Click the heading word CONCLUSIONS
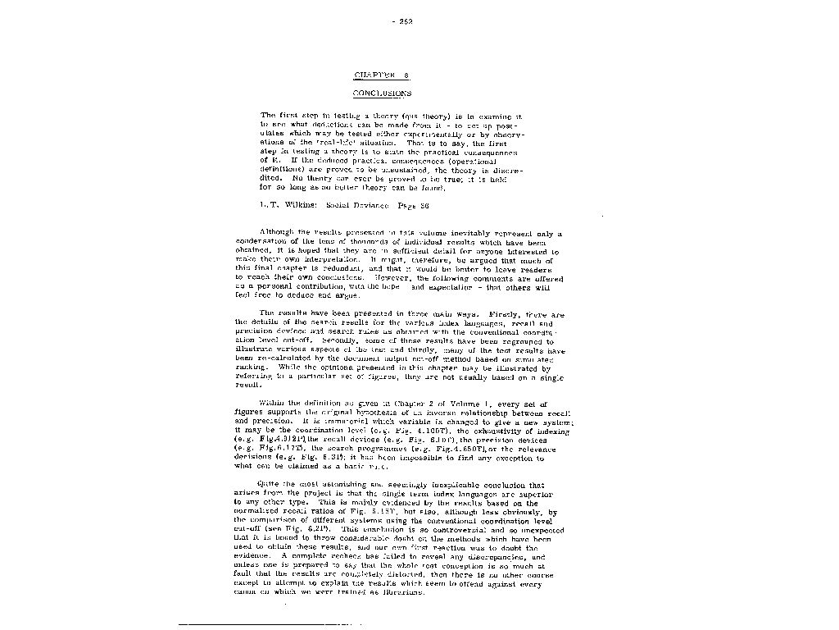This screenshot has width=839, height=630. click(382, 94)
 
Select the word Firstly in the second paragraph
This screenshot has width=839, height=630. click(504, 314)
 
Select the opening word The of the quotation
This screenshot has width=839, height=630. click(267, 116)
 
